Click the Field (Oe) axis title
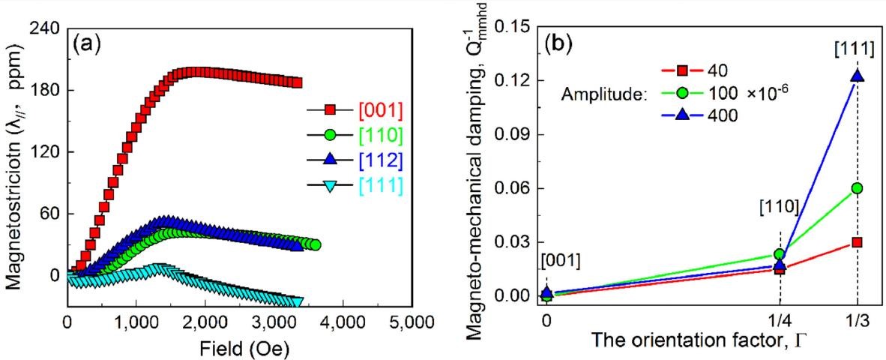[239, 348]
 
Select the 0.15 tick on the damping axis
[514, 27]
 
